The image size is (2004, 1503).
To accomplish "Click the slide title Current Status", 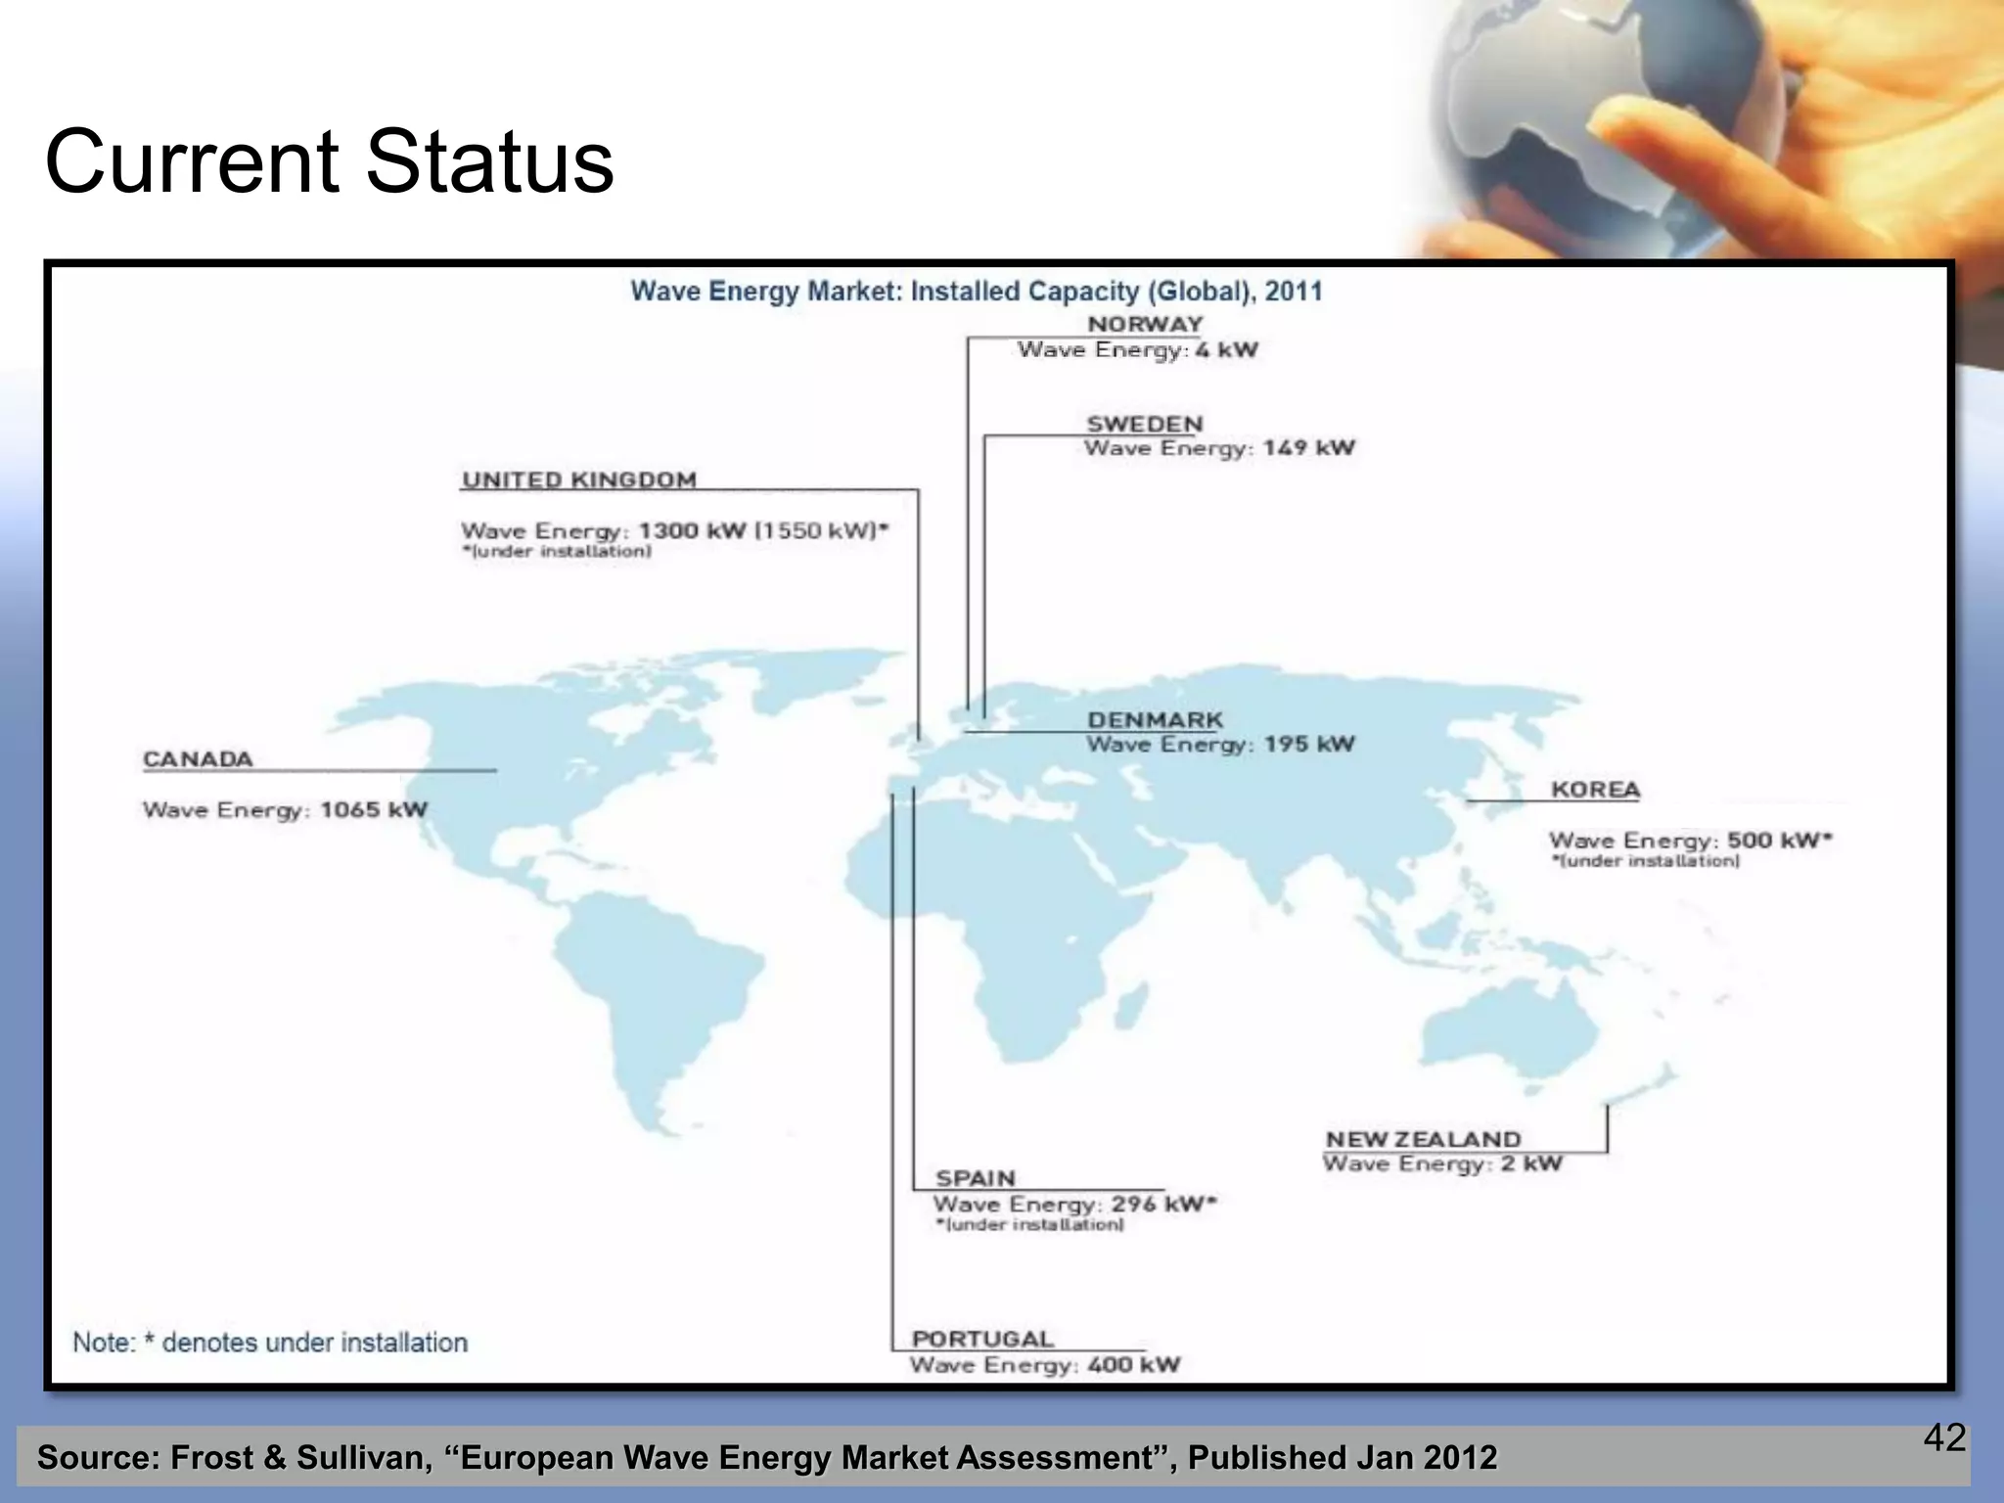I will tap(329, 161).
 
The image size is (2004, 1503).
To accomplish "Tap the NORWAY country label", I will tap(1145, 324).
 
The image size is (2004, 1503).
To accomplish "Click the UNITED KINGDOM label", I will tap(579, 480).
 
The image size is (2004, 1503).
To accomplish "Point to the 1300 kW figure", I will tap(692, 531).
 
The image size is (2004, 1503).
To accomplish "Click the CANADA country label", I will tap(198, 759).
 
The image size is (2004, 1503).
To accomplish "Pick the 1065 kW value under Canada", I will tap(374, 810).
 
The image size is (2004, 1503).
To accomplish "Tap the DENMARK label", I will tap(1155, 720).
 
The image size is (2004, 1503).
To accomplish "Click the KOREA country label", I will tap(1595, 790).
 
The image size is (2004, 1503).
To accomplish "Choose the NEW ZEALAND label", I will tap(1423, 1140).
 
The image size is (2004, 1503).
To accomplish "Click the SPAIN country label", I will tap(976, 1179).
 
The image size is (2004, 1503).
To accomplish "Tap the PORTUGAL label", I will tap(982, 1340).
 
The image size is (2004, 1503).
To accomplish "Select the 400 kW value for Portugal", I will tap(1133, 1365).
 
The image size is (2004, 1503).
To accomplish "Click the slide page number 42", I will tap(1944, 1437).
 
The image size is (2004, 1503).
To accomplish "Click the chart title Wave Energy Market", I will tap(976, 292).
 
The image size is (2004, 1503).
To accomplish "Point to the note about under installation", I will tap(270, 1343).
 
